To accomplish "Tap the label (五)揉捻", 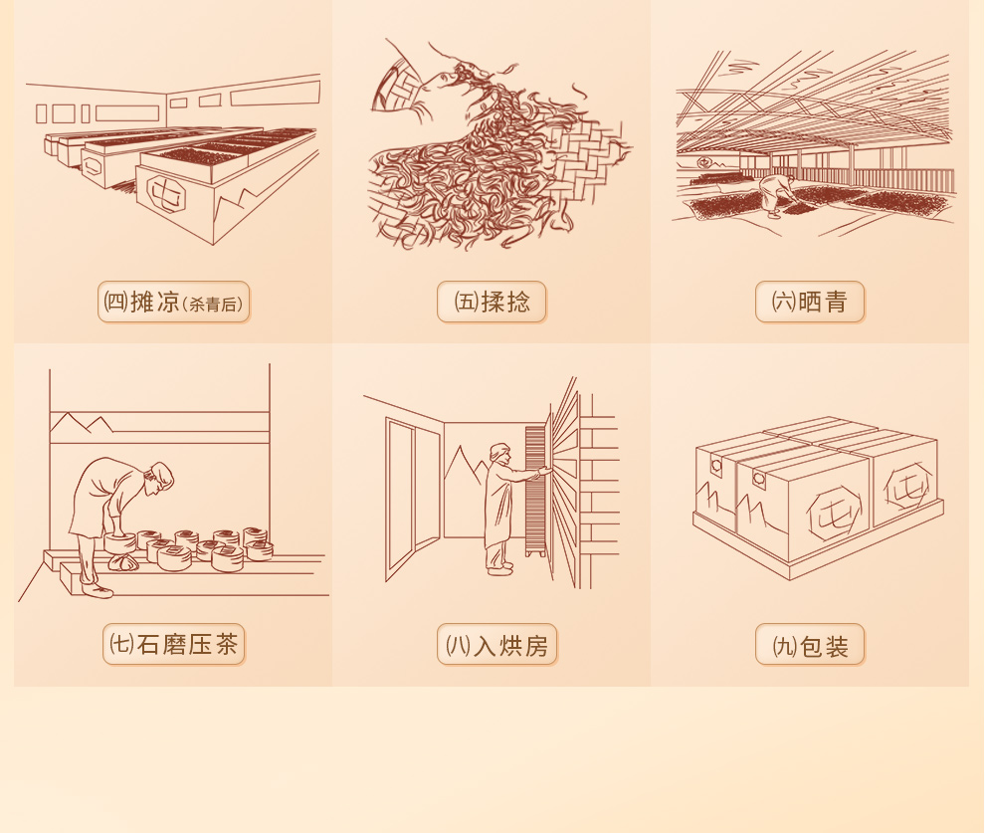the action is [492, 303].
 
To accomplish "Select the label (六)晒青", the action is [810, 303].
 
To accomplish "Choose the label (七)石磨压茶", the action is [173, 645].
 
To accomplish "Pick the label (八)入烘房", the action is [496, 645].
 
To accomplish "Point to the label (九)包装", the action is [810, 645].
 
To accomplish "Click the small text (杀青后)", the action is [213, 305].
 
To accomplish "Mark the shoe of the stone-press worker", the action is [98, 590].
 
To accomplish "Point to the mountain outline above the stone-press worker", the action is [82, 423].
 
